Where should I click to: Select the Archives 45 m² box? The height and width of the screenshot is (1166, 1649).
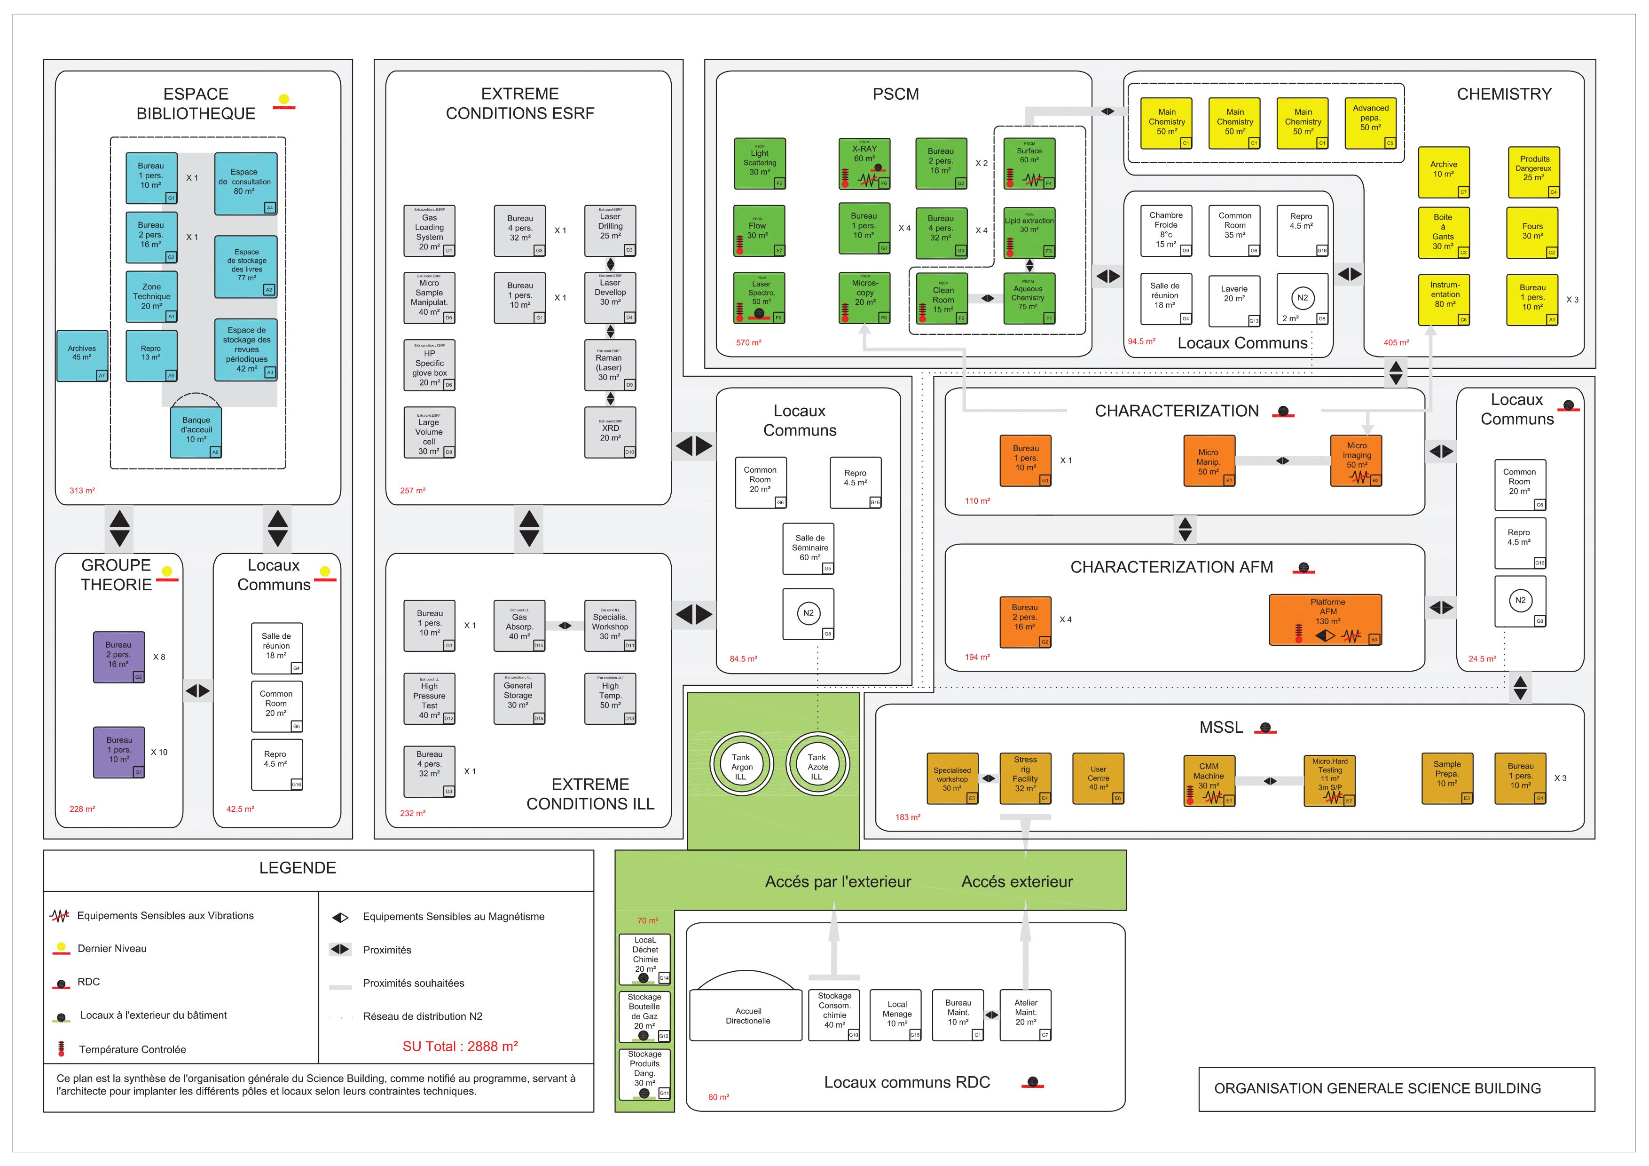[x=83, y=355]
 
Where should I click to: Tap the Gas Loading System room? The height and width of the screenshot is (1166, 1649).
[x=430, y=230]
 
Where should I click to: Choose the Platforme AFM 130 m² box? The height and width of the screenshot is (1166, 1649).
[x=1325, y=619]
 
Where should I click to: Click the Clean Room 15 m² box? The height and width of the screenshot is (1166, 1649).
[x=942, y=298]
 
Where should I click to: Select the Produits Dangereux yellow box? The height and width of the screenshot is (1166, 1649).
[x=1532, y=172]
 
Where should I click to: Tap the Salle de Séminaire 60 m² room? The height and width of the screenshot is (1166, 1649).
[x=809, y=548]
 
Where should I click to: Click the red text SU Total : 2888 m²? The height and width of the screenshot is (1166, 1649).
[x=460, y=1047]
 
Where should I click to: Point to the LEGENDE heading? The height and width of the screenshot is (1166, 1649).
[x=298, y=868]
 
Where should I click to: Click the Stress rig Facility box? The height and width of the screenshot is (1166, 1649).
[x=1026, y=778]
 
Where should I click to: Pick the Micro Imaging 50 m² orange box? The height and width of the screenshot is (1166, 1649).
[x=1356, y=460]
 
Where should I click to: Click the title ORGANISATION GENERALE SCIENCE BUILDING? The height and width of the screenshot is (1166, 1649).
[x=1377, y=1088]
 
